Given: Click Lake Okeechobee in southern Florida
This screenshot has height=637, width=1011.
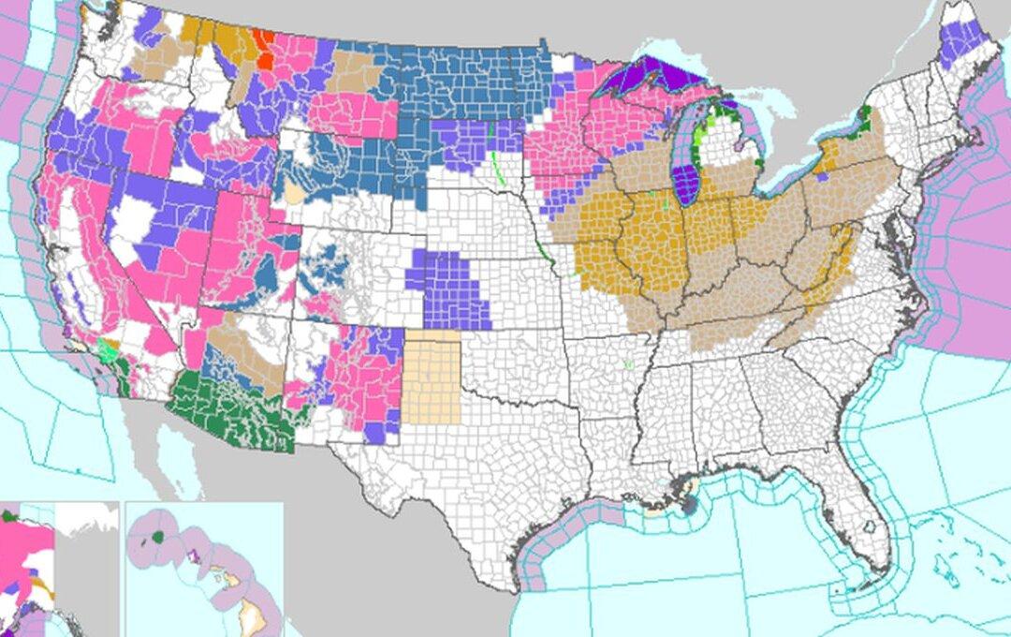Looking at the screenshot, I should pyautogui.click(x=872, y=526).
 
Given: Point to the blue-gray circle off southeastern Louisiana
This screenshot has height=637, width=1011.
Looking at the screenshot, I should pyautogui.click(x=690, y=506).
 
